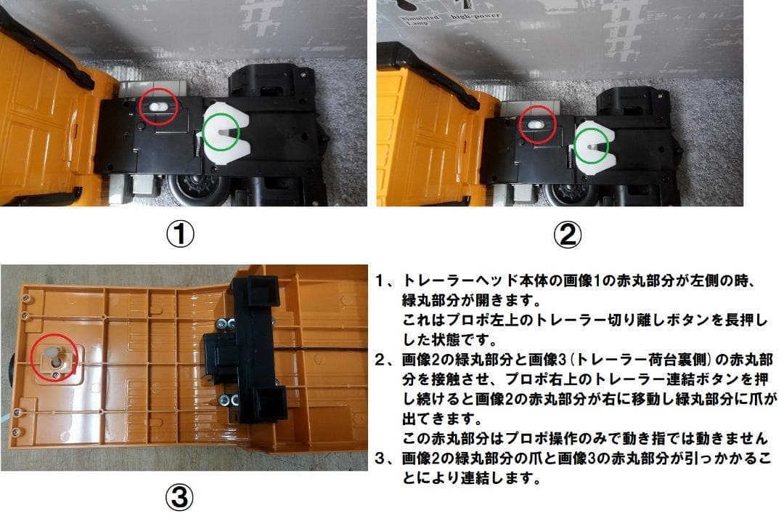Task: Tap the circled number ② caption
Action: tap(568, 234)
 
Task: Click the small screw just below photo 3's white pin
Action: tap(56, 375)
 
